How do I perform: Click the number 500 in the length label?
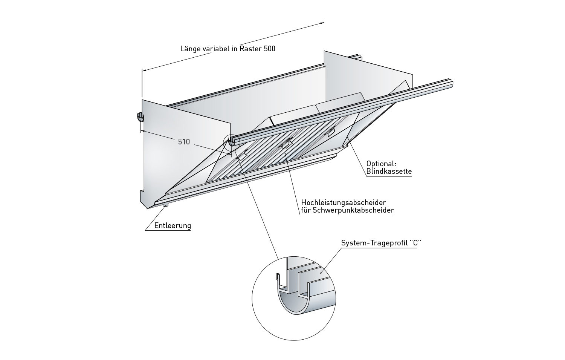[x=269, y=49]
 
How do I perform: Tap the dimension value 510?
[x=184, y=142]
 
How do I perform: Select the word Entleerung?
[x=173, y=226]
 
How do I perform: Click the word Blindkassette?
[x=389, y=172]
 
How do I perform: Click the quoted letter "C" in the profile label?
[x=415, y=243]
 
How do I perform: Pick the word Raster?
[x=250, y=49]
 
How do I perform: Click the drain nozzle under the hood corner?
[x=165, y=205]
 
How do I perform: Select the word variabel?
[x=215, y=49]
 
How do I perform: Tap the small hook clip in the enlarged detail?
[x=278, y=278]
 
